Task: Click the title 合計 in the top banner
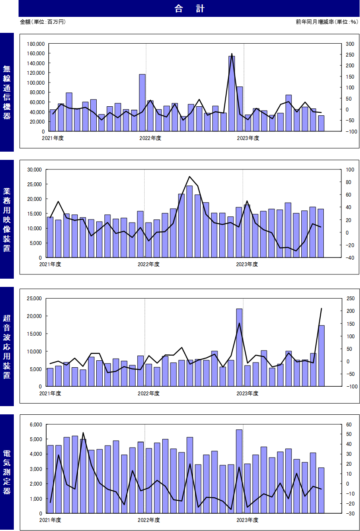(189, 9)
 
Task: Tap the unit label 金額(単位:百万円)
(43, 22)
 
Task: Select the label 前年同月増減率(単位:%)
(327, 22)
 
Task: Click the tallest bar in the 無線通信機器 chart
(232, 94)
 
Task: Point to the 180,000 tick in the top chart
(36, 44)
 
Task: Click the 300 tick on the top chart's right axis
(350, 44)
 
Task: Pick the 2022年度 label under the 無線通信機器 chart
(150, 138)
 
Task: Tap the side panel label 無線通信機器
(6, 92)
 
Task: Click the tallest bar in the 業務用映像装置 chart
(189, 221)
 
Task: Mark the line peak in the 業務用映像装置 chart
(189, 177)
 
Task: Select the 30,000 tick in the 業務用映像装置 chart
(35, 170)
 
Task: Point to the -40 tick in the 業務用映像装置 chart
(350, 258)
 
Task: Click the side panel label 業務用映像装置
(6, 220)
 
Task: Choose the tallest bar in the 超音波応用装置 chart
(239, 347)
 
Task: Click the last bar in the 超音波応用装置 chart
(322, 356)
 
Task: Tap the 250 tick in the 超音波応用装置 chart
(351, 299)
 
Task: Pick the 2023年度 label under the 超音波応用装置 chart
(247, 394)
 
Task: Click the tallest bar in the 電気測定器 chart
(239, 471)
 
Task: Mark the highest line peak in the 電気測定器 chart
(83, 432)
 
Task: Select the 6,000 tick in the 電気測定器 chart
(36, 425)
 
